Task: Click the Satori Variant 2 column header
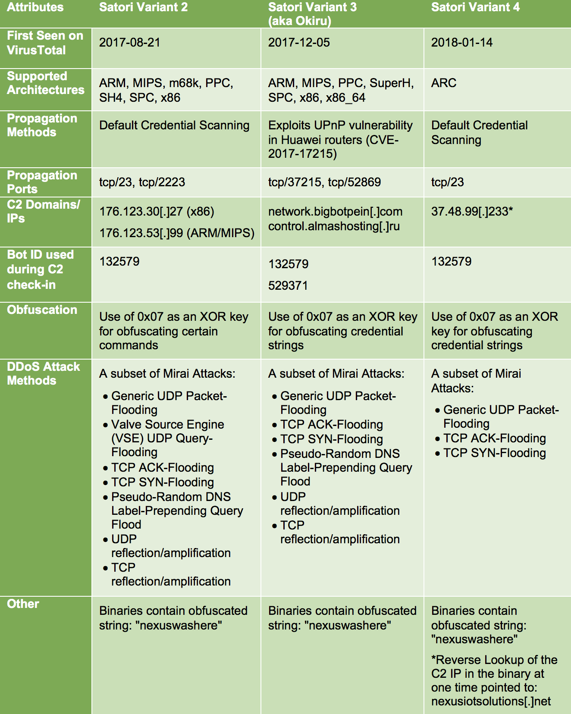(x=143, y=7)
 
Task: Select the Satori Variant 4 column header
(x=475, y=7)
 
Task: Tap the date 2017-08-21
(x=129, y=42)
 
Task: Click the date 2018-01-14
(x=461, y=42)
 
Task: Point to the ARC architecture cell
(x=443, y=83)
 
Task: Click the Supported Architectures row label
(x=45, y=83)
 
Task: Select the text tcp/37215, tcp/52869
(x=324, y=182)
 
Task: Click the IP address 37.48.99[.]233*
(x=472, y=211)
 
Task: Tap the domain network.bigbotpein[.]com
(x=335, y=211)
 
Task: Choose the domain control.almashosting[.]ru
(x=334, y=226)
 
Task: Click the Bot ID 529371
(x=288, y=285)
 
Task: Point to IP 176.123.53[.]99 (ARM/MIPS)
(x=177, y=233)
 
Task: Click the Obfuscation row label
(x=42, y=310)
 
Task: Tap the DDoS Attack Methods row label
(x=43, y=373)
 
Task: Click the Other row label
(x=23, y=604)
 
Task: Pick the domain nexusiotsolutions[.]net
(x=491, y=701)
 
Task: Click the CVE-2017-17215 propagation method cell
(x=340, y=139)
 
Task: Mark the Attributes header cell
(x=35, y=7)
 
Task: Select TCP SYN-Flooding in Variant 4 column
(x=494, y=453)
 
